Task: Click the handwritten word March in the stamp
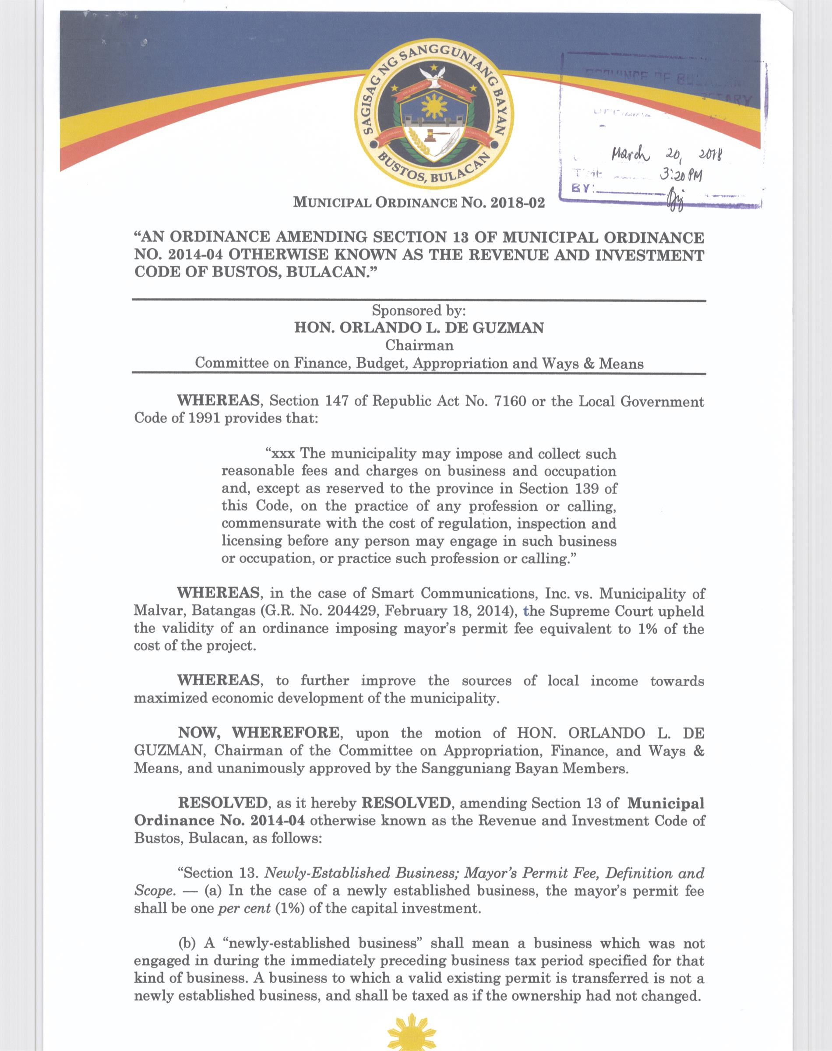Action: [x=630, y=155]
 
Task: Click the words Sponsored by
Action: [x=419, y=310]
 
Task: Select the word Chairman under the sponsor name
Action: [x=419, y=346]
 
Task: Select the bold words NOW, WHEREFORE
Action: [x=259, y=733]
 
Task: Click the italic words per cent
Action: [x=244, y=909]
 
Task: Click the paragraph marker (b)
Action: [x=187, y=944]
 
